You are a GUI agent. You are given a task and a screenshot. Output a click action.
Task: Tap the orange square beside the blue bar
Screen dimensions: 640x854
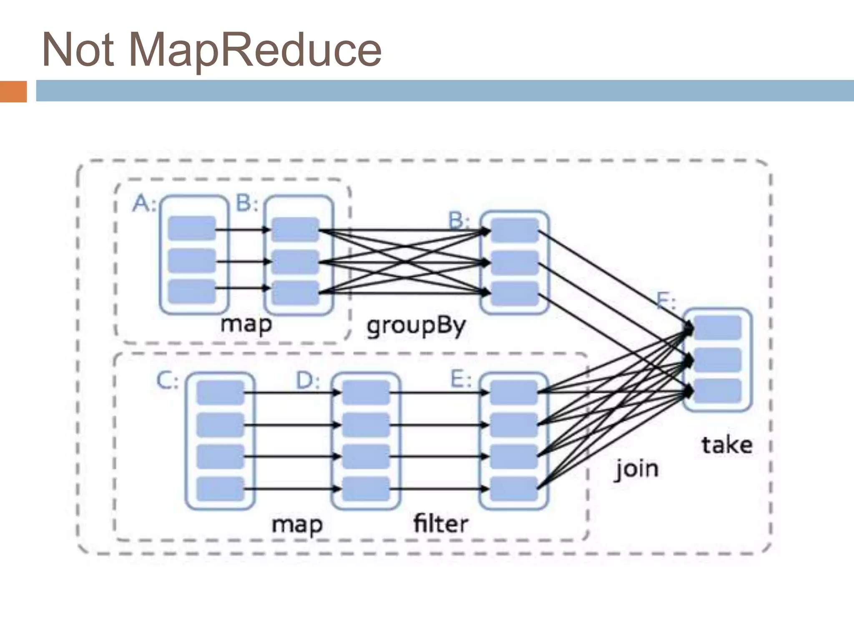(x=13, y=91)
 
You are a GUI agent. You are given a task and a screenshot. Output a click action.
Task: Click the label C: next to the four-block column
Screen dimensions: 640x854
(x=167, y=381)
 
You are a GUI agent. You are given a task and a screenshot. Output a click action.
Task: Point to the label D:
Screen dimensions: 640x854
(x=308, y=381)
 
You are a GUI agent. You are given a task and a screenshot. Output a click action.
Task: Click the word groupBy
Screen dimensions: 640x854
(x=416, y=326)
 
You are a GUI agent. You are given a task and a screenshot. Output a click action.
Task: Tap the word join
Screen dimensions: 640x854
(x=637, y=470)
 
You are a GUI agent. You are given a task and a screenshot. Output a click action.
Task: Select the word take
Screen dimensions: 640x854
(x=727, y=445)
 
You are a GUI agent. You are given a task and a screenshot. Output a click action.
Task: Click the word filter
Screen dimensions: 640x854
(x=441, y=524)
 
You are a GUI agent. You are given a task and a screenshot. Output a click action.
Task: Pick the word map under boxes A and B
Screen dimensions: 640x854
(x=246, y=324)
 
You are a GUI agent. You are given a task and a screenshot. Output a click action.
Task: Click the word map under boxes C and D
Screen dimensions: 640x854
(x=297, y=525)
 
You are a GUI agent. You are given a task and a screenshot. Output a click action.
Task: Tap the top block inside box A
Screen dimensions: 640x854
(x=192, y=228)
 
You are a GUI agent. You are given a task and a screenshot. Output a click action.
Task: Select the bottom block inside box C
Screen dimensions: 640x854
(x=220, y=489)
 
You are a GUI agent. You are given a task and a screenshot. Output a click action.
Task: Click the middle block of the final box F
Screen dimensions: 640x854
(x=717, y=360)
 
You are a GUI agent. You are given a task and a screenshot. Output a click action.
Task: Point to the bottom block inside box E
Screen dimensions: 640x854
(x=514, y=489)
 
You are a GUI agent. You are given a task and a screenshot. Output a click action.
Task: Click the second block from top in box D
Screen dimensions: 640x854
(x=366, y=425)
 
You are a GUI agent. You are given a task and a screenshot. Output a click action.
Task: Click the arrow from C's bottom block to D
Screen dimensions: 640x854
(x=292, y=489)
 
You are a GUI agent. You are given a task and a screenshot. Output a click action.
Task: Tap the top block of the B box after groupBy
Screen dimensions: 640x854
(x=515, y=230)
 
